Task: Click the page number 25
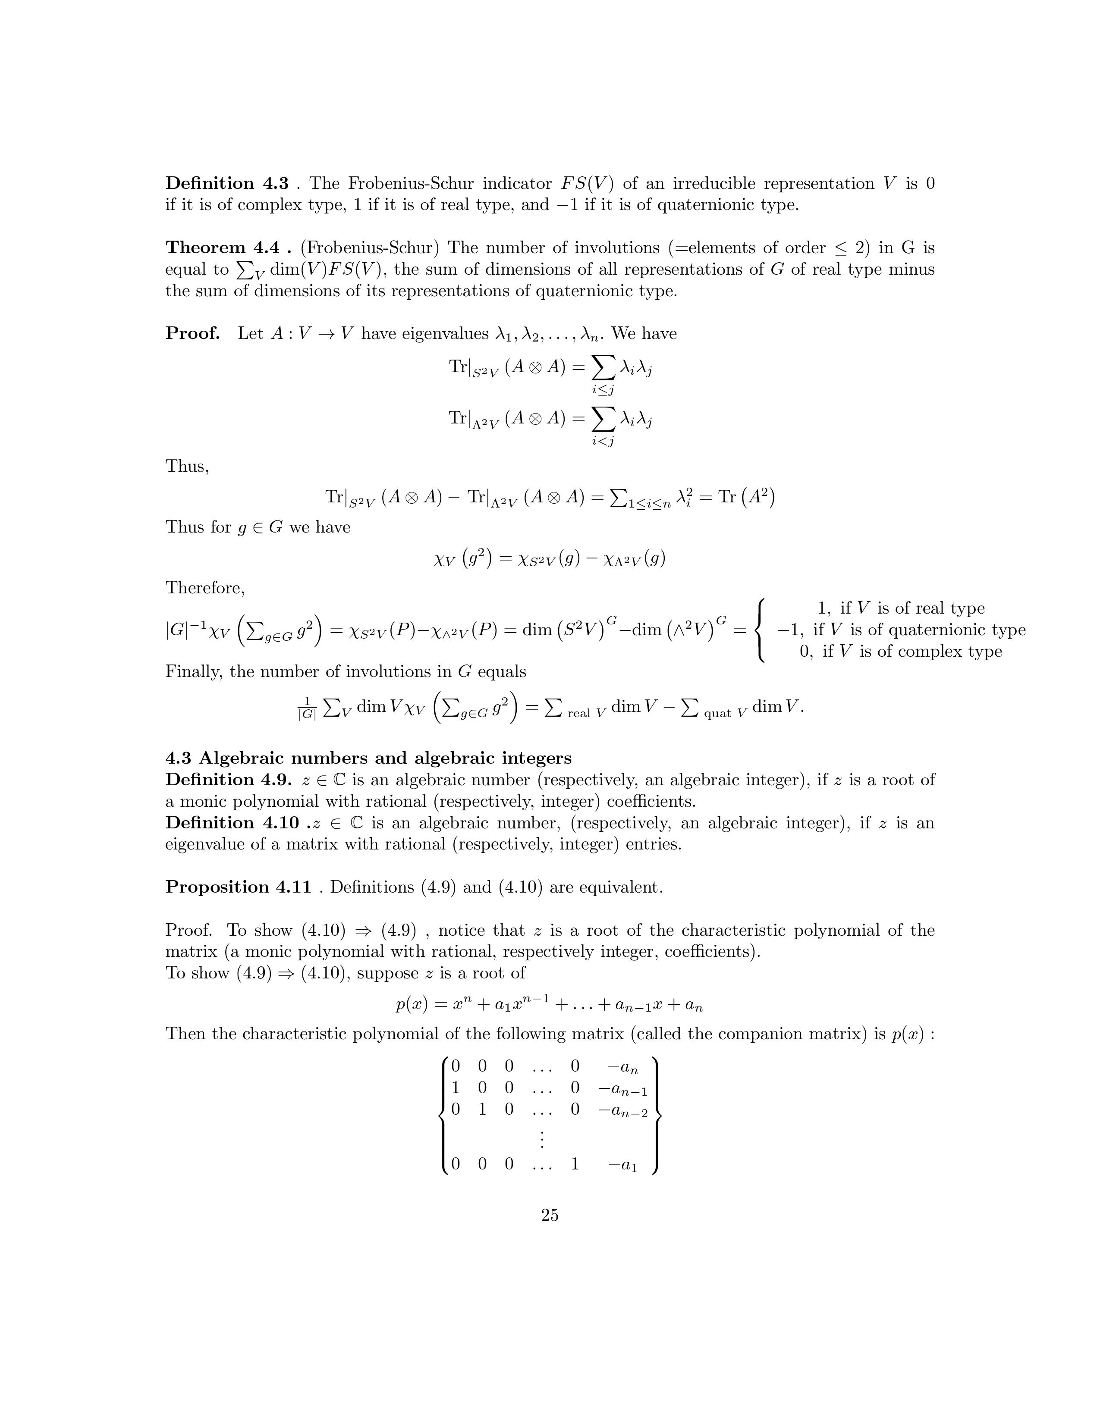(x=549, y=1215)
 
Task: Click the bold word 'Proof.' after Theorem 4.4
(x=192, y=334)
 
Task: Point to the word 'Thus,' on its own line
(x=187, y=467)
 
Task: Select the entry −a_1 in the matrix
(x=622, y=1164)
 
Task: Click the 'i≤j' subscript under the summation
(x=603, y=390)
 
